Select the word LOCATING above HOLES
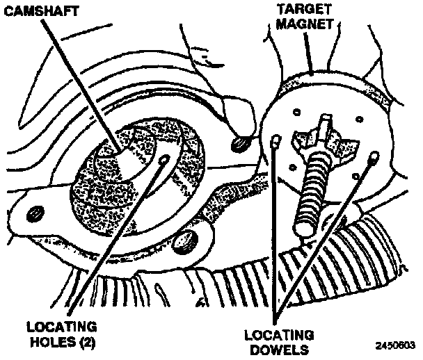click(60, 325)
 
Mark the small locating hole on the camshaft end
click(164, 160)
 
